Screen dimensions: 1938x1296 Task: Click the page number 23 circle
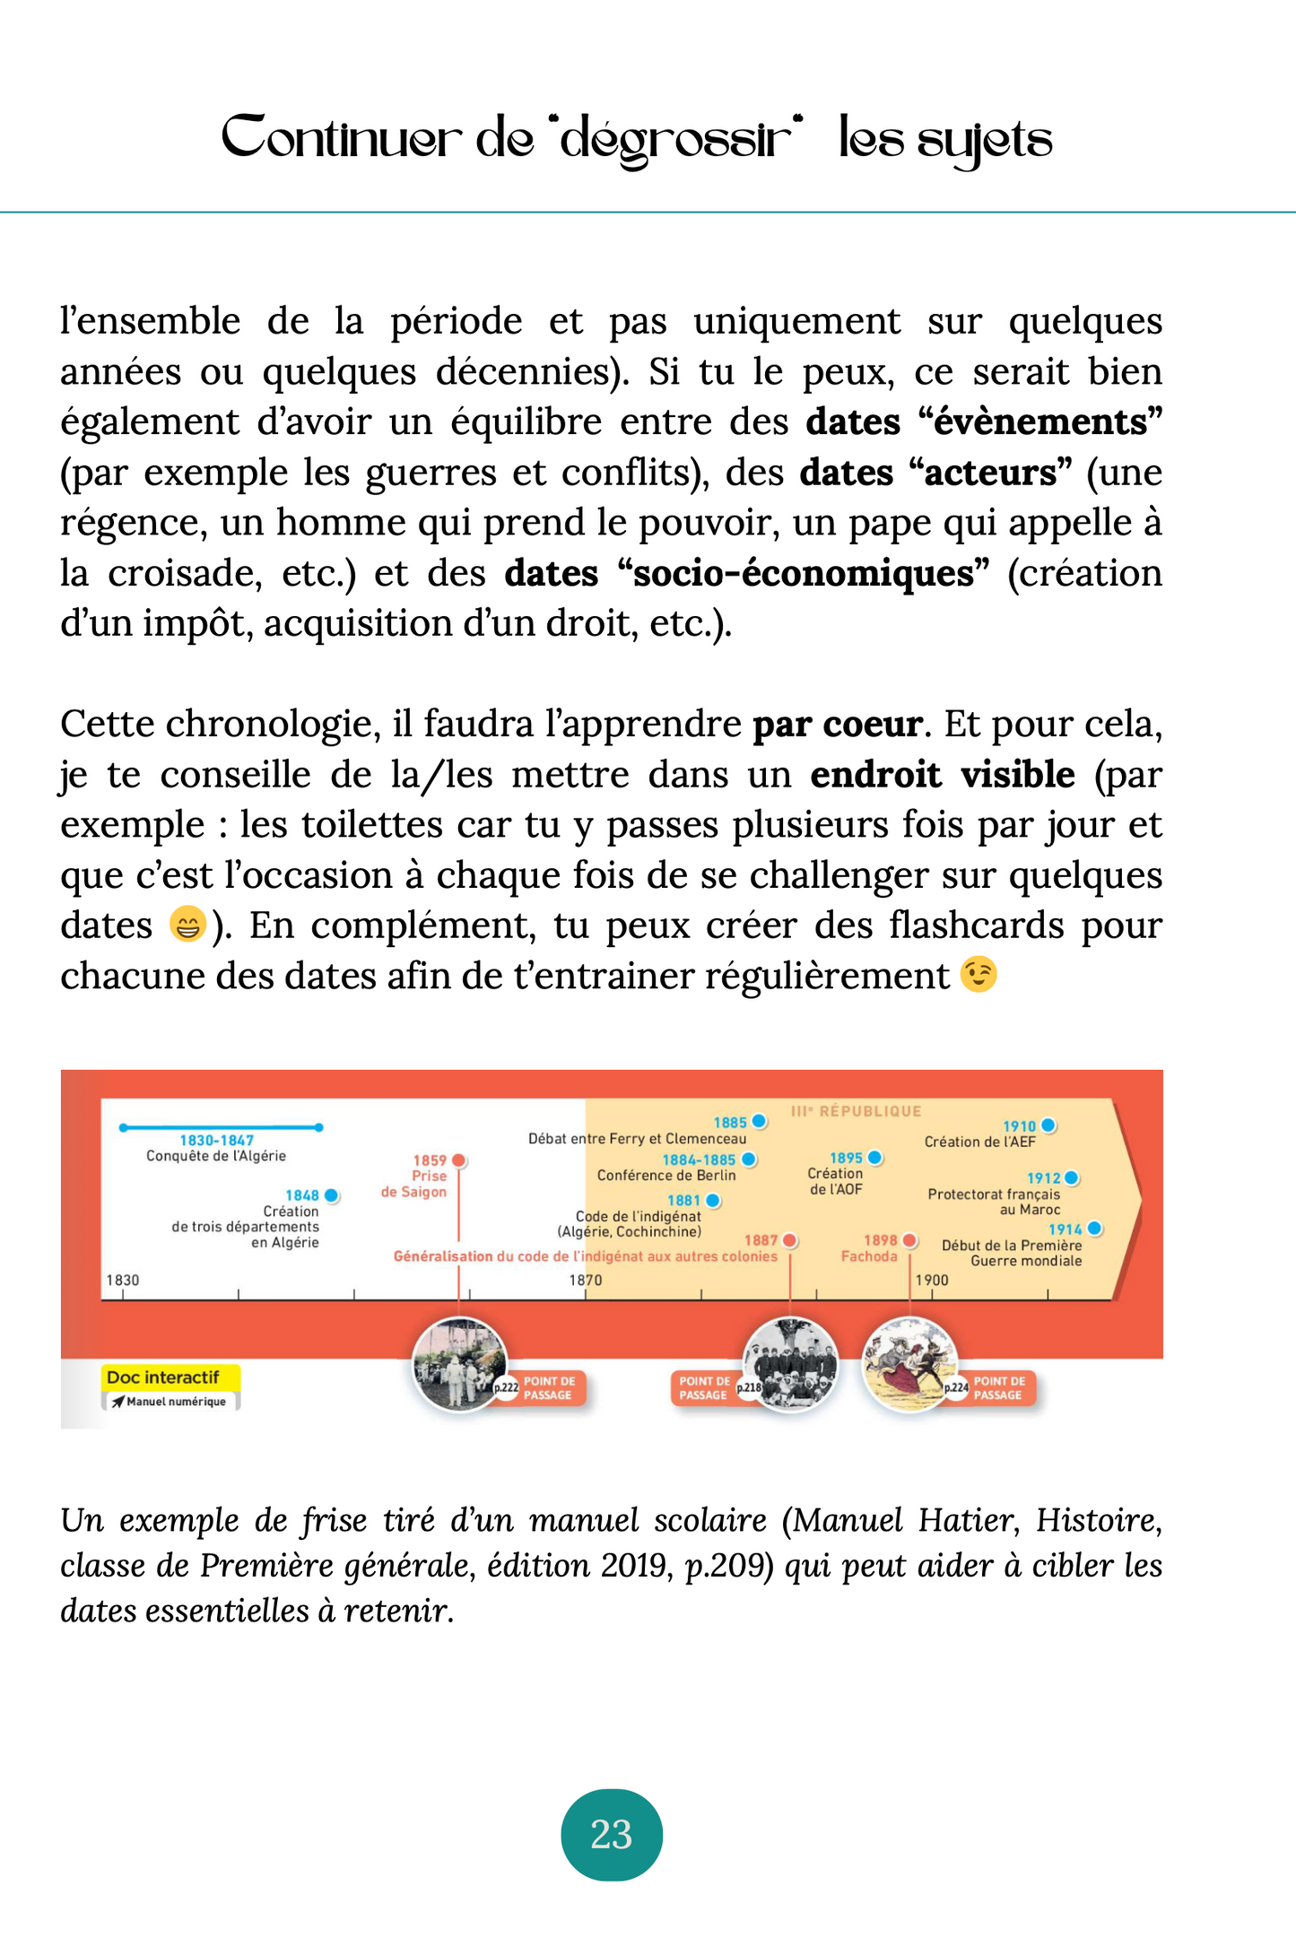coord(612,1834)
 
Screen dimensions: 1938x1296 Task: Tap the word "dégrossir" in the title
coord(677,140)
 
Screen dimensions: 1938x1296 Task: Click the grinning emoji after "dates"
coord(187,925)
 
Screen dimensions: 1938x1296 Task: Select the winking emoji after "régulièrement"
coord(979,975)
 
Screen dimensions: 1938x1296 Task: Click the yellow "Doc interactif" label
coord(162,1377)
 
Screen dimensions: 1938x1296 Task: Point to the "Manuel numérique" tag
coord(170,1402)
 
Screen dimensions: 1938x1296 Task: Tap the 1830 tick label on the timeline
coord(123,1280)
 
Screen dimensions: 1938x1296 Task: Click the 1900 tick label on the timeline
coord(932,1280)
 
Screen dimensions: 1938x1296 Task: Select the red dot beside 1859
coord(459,1160)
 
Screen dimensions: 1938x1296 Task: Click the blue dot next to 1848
coord(332,1195)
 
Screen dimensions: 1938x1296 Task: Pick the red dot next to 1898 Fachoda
coord(909,1240)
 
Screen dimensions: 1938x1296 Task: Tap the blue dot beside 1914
coord(1094,1230)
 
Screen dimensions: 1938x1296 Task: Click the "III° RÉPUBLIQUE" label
coord(856,1111)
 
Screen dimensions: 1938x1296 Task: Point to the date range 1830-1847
coord(217,1141)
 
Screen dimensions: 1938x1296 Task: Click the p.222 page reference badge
coord(507,1387)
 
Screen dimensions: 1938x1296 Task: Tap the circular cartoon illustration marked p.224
coord(907,1362)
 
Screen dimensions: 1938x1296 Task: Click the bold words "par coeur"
coord(837,725)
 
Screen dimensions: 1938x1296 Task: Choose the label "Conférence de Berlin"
coord(666,1176)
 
